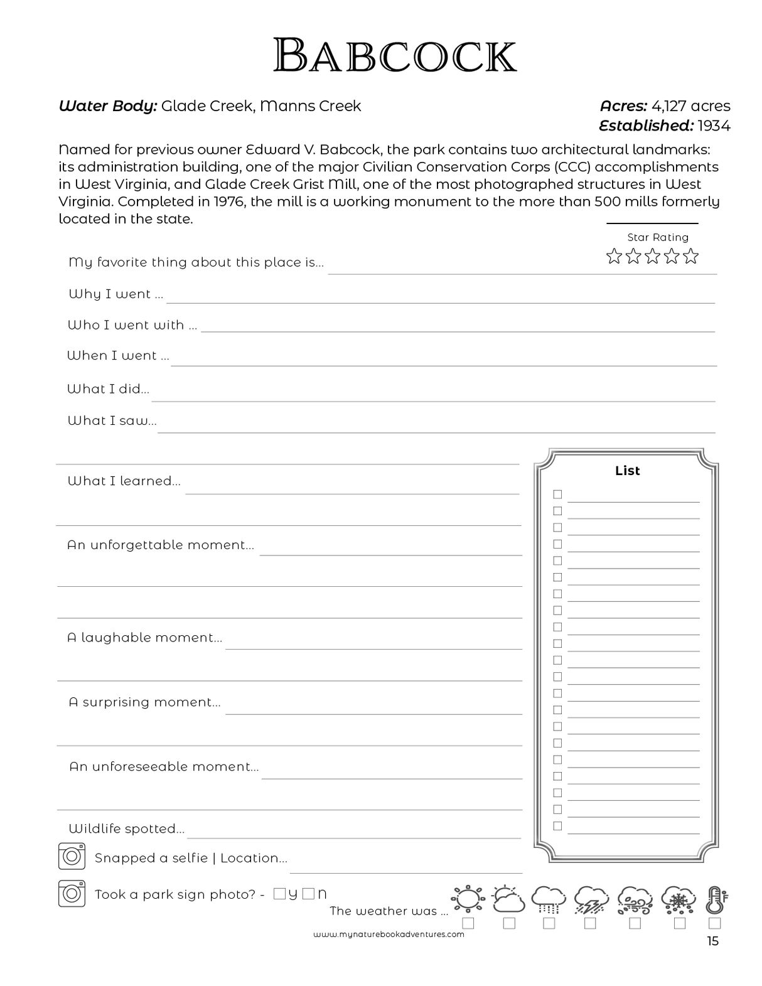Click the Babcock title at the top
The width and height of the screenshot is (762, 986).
click(x=395, y=55)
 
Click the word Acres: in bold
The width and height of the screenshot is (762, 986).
click(x=623, y=106)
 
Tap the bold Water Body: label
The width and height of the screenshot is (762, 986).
click(x=107, y=106)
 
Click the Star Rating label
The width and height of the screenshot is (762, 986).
click(x=658, y=237)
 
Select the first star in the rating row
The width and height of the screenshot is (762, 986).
click(x=614, y=256)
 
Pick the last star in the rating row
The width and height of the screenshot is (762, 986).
click(x=691, y=256)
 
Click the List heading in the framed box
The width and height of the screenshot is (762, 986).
click(x=627, y=471)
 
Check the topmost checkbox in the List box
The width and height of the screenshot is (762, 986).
click(x=557, y=495)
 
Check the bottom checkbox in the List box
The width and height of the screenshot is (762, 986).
click(x=557, y=826)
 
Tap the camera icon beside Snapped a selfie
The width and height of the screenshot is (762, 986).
click(x=72, y=857)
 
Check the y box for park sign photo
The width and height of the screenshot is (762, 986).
click(x=280, y=894)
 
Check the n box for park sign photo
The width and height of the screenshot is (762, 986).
click(x=308, y=894)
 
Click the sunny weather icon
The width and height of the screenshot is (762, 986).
click(x=468, y=899)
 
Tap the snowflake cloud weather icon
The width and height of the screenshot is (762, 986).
click(x=679, y=899)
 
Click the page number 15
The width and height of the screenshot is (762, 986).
click(x=712, y=941)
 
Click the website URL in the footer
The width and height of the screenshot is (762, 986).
click(x=389, y=934)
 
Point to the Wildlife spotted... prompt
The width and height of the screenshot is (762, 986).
click(x=126, y=828)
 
